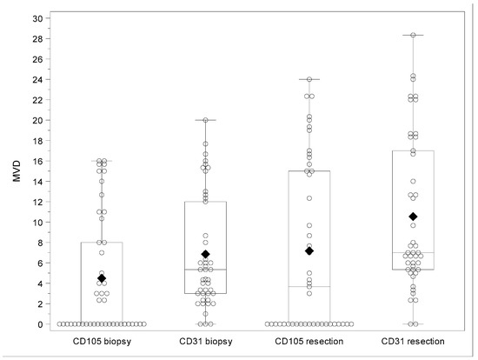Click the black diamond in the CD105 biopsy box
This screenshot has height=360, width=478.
(x=101, y=278)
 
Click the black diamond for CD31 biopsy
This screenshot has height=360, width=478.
(x=205, y=254)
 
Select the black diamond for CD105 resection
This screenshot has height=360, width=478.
(x=309, y=251)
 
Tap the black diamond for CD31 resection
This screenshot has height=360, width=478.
(x=413, y=217)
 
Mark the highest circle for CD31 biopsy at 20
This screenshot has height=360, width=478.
(x=205, y=120)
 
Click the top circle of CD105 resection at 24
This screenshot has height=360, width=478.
(x=309, y=79)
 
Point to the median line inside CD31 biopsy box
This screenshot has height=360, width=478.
(x=205, y=270)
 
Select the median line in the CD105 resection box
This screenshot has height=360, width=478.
(x=309, y=287)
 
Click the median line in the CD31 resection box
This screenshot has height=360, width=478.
(x=413, y=253)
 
